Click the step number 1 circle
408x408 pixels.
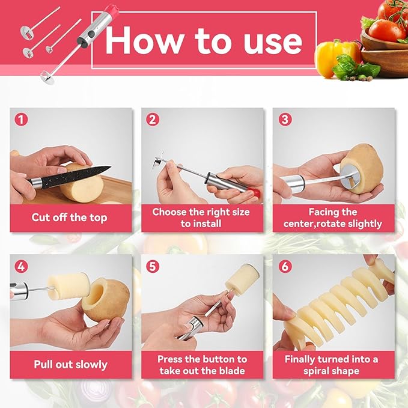tap(22, 119)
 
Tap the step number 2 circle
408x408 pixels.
tap(153, 119)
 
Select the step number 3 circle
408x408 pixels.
tap(285, 119)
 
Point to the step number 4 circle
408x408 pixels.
tap(22, 266)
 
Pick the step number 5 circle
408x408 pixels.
tap(153, 266)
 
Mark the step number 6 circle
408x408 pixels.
tap(285, 266)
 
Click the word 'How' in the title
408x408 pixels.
tap(136, 40)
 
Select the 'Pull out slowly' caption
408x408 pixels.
tap(71, 365)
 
